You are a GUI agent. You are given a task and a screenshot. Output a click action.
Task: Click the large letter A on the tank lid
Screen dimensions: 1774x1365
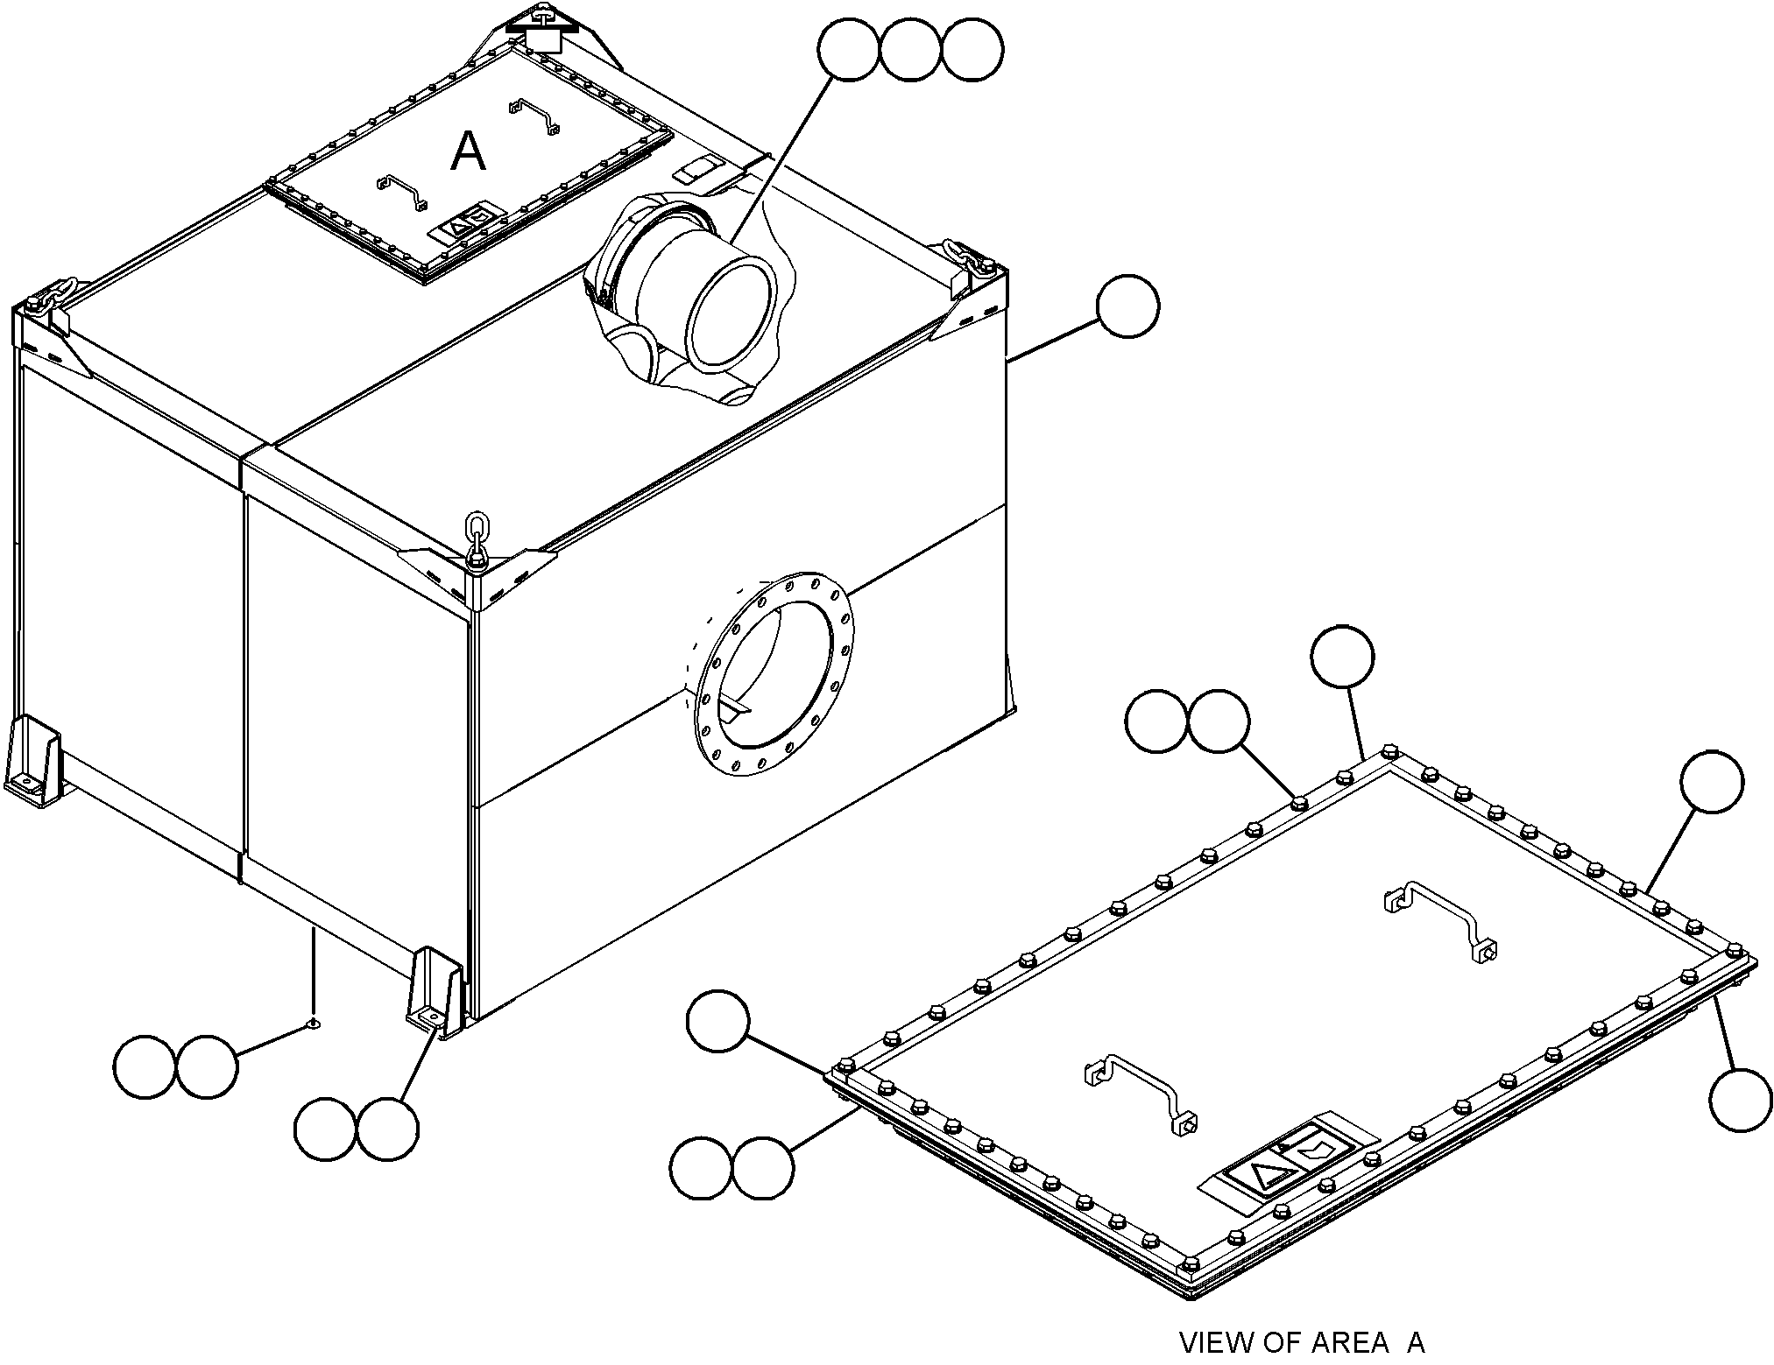pos(468,151)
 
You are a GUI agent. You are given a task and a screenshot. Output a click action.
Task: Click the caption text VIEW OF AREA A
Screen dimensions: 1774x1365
pos(1302,1342)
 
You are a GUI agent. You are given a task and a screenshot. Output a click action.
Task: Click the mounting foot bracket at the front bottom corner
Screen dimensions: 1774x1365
pos(435,990)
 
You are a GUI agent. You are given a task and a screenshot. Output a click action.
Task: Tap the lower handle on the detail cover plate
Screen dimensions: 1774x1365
pos(1141,1092)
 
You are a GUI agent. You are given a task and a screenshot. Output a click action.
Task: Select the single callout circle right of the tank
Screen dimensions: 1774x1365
pos(1127,306)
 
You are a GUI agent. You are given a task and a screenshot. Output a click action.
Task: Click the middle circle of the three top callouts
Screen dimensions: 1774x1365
pos(911,51)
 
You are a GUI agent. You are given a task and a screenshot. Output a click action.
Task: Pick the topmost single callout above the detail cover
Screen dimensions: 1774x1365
pos(1342,657)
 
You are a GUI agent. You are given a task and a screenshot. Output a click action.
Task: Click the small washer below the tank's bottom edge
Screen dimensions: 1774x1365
pos(313,1021)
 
